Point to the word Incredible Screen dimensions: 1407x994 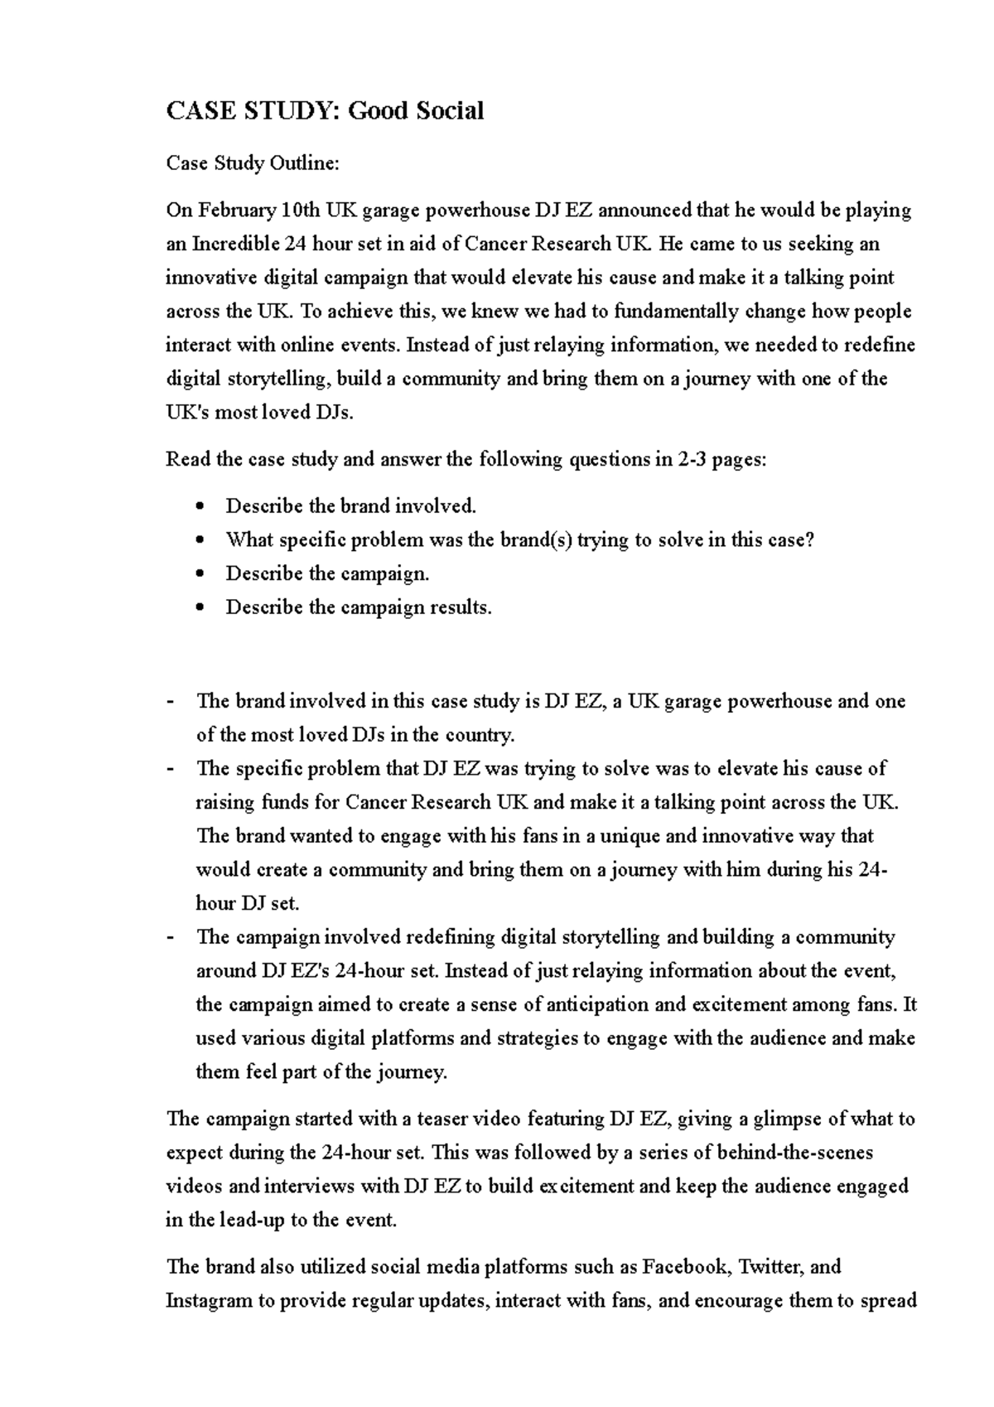click(235, 244)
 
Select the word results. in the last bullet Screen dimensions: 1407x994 click(461, 608)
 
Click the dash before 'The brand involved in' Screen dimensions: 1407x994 click(171, 702)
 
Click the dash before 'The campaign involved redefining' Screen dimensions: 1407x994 click(171, 938)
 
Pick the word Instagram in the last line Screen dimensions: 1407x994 click(209, 1301)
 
